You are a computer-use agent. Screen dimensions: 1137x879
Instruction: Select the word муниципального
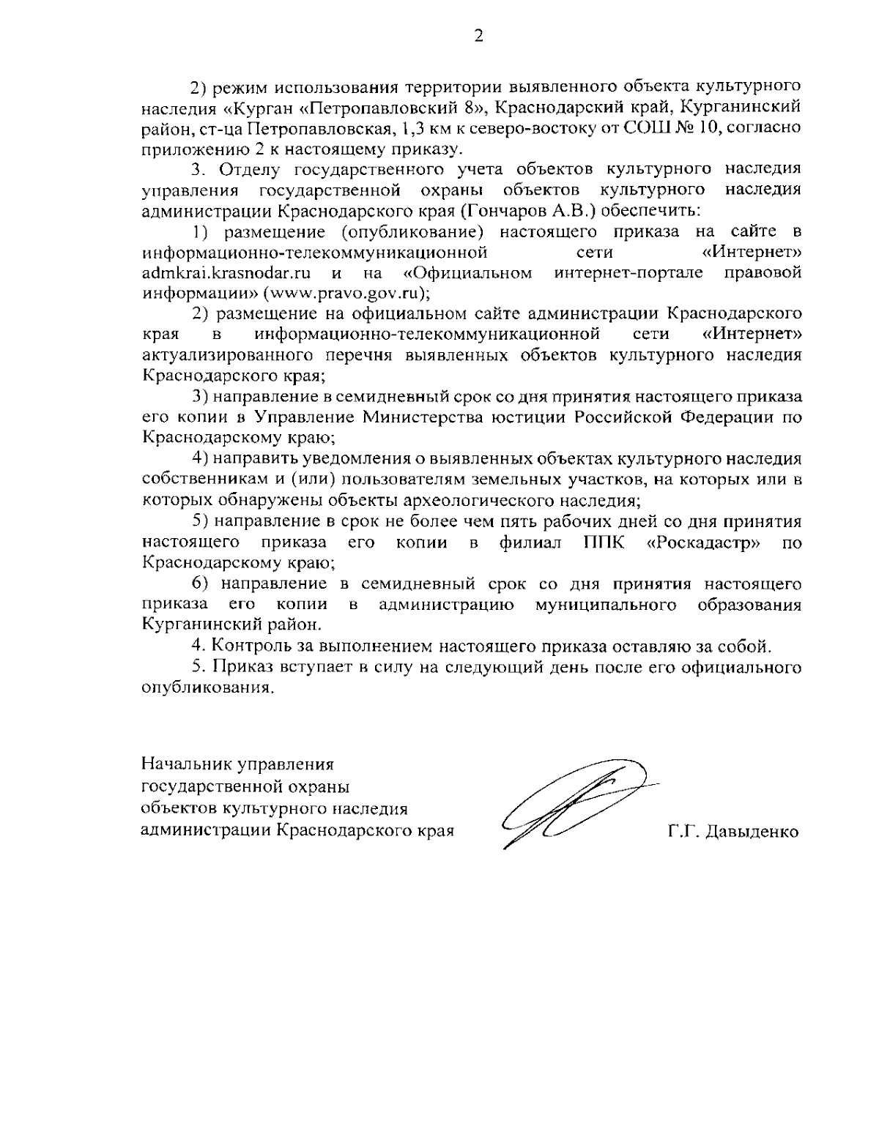(x=605, y=605)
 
